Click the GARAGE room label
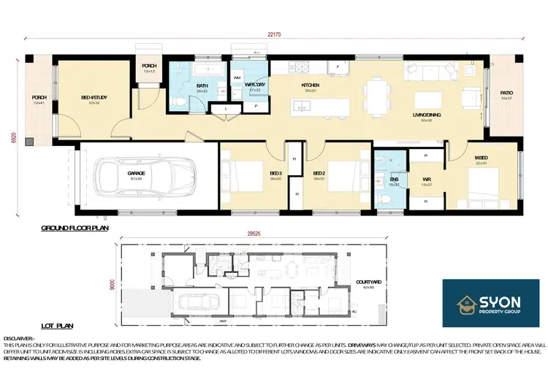(137, 173)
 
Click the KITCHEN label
(311, 85)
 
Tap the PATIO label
(506, 93)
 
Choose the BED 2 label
(319, 173)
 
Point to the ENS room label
(394, 179)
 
